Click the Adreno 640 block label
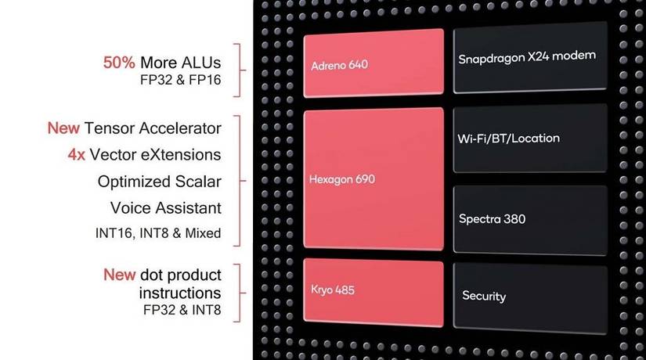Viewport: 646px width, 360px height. [x=340, y=65]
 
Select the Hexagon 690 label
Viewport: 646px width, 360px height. [x=342, y=179]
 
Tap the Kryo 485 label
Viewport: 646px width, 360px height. [x=333, y=290]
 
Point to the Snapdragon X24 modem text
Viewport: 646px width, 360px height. [x=527, y=57]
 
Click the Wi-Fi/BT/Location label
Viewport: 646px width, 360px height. [x=508, y=139]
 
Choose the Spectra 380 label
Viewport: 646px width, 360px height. [x=492, y=218]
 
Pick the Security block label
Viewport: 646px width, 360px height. [x=484, y=296]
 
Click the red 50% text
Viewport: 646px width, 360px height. [x=119, y=63]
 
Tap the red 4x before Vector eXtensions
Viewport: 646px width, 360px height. [x=77, y=155]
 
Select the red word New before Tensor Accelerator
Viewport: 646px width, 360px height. [x=63, y=128]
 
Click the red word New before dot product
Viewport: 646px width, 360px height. [x=120, y=275]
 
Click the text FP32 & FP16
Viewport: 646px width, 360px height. [x=180, y=80]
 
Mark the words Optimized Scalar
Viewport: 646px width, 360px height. [x=160, y=182]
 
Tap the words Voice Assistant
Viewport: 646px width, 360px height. [x=166, y=208]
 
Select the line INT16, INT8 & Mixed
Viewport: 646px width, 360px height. [x=158, y=233]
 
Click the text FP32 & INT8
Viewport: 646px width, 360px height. [x=182, y=310]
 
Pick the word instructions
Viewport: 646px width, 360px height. [x=180, y=293]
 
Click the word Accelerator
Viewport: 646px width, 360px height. [x=180, y=128]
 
